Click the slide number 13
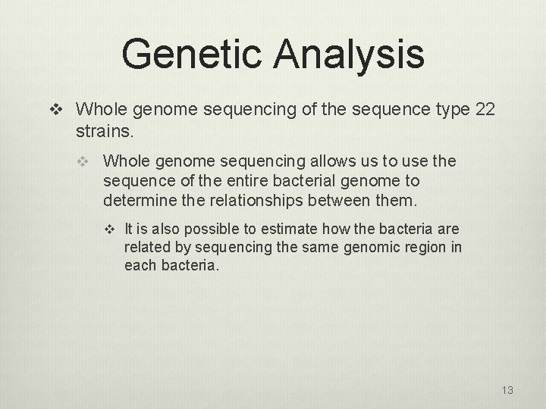tap(507, 390)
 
